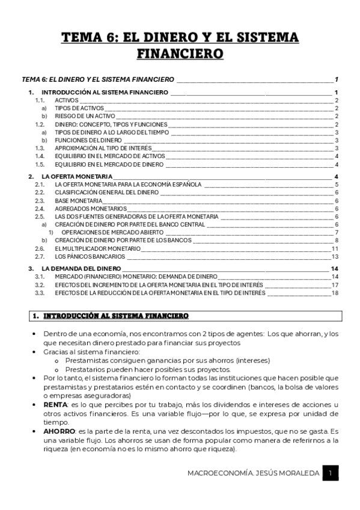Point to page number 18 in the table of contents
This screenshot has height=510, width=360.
(x=335, y=292)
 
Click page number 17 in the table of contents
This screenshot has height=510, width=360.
(x=335, y=284)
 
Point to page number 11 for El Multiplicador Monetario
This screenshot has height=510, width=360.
(x=335, y=248)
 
